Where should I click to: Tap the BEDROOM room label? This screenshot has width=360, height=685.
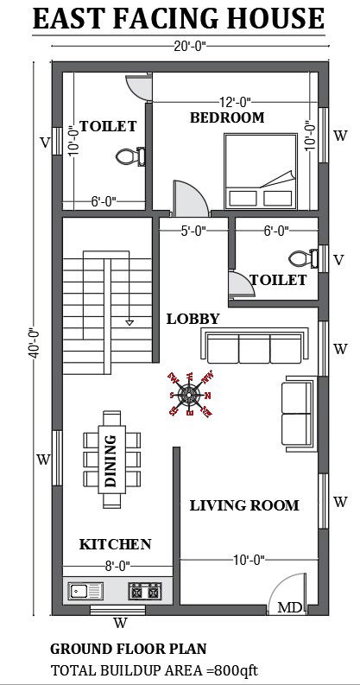pos(227,117)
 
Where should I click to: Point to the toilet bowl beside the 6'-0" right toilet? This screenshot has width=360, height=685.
pos(300,257)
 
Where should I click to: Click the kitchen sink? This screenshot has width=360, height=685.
pos(85,592)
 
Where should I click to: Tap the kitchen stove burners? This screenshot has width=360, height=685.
pos(145,592)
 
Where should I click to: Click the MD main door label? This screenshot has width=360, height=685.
pos(290,608)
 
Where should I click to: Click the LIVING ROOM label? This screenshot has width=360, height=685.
pos(244,505)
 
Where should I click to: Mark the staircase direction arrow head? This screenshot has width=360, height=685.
pos(129,322)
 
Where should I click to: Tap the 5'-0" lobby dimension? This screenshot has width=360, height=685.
pos(193,231)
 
